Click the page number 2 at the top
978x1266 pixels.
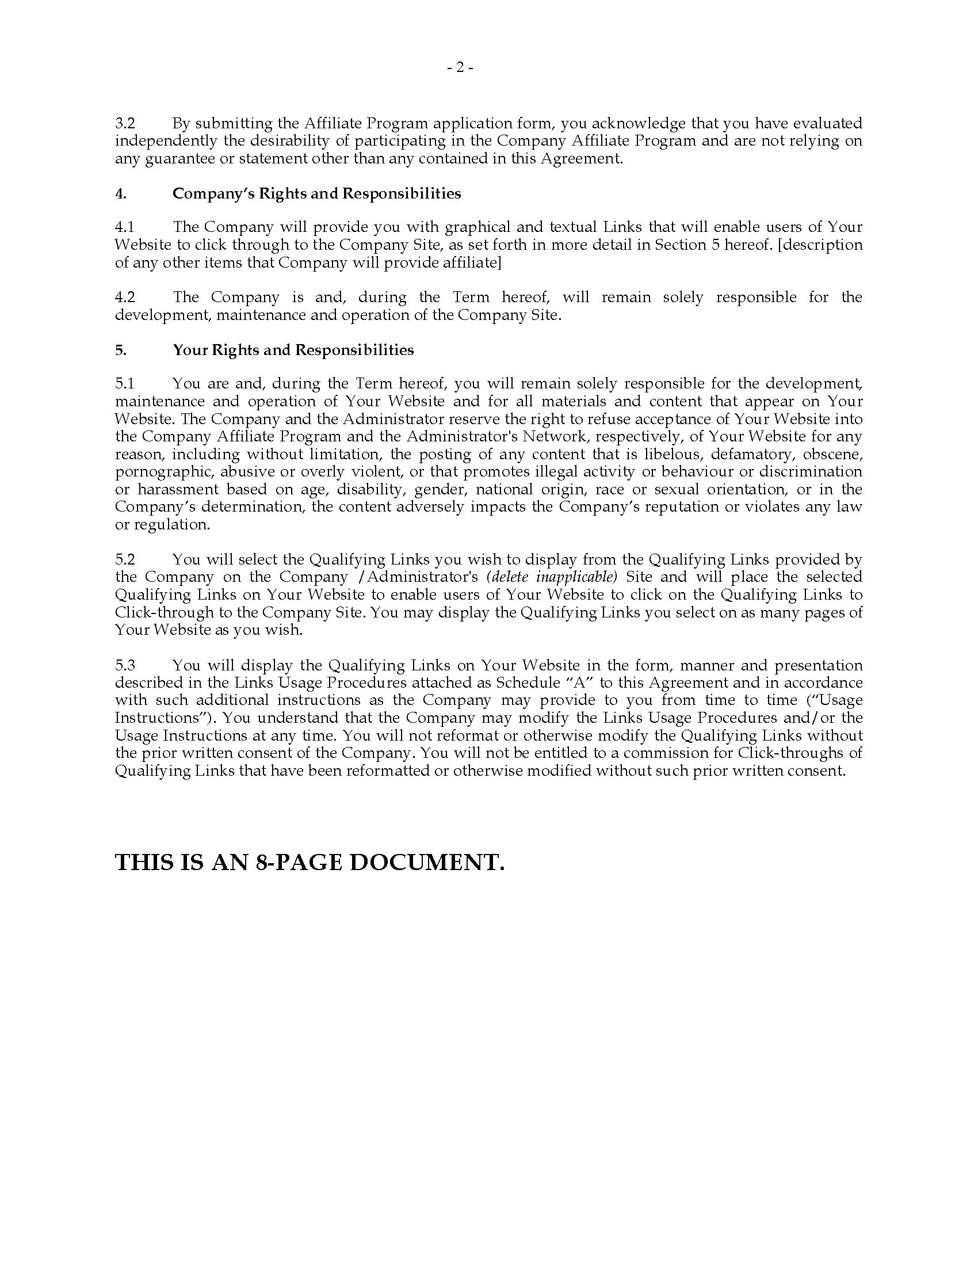click(460, 68)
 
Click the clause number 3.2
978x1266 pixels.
click(125, 124)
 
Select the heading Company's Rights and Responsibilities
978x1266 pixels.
click(316, 193)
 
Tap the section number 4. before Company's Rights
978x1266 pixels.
click(120, 193)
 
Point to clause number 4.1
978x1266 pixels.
click(125, 227)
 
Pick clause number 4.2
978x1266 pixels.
click(125, 298)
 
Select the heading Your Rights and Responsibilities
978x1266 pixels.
click(293, 350)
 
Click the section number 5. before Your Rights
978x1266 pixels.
click(120, 350)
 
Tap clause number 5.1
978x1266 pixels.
click(125, 384)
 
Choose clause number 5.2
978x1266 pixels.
click(125, 560)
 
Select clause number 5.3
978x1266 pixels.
click(125, 665)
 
